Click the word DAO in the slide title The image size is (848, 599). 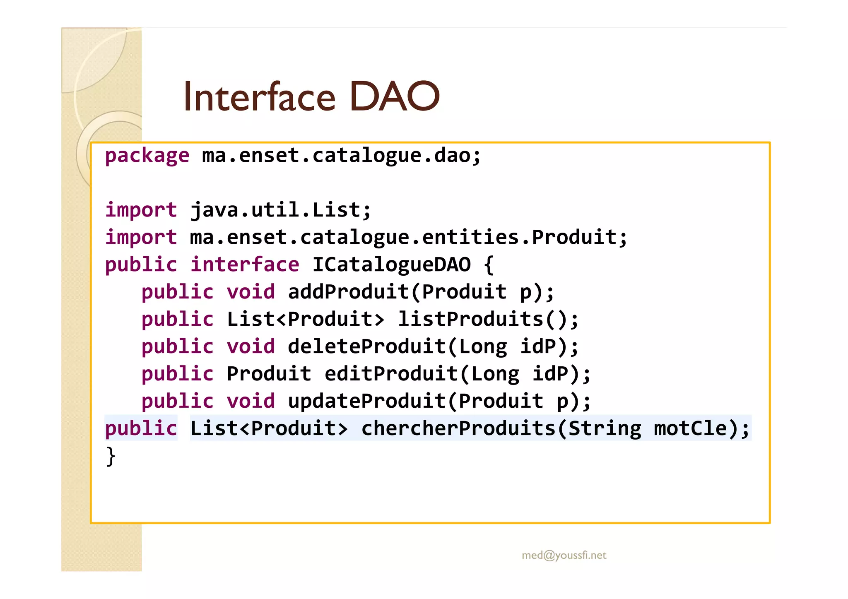pos(394,97)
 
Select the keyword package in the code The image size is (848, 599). pos(147,156)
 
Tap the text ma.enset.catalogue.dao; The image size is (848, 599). pos(341,156)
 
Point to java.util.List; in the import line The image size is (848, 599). pos(280,210)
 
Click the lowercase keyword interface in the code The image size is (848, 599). pos(244,265)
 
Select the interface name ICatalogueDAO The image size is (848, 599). pos(391,265)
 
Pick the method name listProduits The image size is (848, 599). pos(470,319)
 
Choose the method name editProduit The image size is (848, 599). pos(391,374)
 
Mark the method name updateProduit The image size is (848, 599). pos(367,401)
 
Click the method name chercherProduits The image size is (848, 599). pos(458,428)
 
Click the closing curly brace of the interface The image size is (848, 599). pos(111,456)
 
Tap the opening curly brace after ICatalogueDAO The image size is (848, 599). pos(489,265)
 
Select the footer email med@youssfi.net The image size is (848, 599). pos(564,555)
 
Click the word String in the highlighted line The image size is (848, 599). pos(604,428)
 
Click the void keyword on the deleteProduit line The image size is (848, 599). pos(251,346)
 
